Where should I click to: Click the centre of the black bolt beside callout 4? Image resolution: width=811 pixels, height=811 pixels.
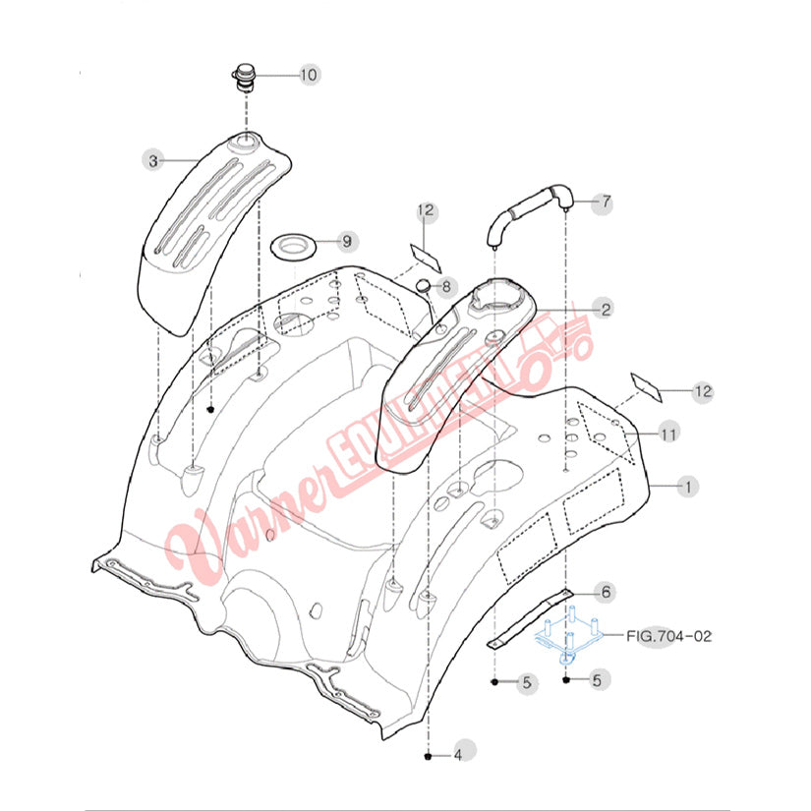[428, 756]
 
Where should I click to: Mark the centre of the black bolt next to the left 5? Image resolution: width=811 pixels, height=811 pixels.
[495, 682]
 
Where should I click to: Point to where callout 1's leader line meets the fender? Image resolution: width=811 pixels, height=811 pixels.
[649, 486]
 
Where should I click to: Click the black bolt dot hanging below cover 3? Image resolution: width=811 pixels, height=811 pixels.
[210, 410]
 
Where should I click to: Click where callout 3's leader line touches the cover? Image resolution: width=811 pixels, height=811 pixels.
[197, 161]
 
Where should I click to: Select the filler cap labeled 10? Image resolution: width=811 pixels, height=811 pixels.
[244, 77]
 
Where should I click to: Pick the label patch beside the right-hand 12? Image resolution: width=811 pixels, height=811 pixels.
[647, 387]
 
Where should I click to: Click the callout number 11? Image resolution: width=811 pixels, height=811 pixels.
[667, 434]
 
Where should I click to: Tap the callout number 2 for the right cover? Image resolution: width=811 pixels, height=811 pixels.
[606, 310]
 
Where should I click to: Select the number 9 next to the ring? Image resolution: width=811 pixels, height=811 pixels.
[347, 241]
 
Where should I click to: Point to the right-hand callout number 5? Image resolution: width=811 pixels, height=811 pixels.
[598, 680]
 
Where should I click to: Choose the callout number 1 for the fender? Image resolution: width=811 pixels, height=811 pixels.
[688, 487]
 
